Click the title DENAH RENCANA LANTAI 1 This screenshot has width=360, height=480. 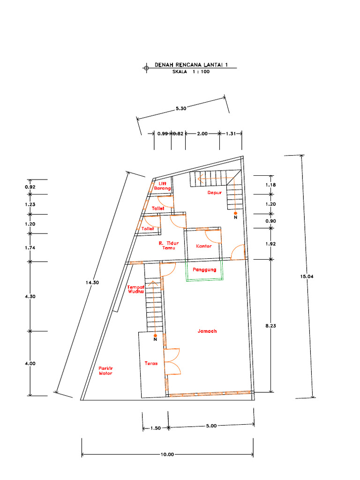pos(191,65)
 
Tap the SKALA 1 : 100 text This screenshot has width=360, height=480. pos(191,72)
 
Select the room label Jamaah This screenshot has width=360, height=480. pos(207,331)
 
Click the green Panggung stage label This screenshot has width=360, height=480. pos(204,270)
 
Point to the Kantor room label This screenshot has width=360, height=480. pos(204,246)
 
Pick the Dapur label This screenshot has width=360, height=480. pos(215,193)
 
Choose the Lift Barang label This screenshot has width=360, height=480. pos(162,186)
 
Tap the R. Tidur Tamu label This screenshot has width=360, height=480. pos(169,246)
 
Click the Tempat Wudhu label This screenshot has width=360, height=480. pos(136,289)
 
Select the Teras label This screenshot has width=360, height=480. pos(151,363)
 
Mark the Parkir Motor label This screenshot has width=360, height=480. pos(105,371)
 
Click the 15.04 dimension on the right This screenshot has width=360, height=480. pos(307,277)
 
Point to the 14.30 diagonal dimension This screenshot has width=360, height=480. pos(92,283)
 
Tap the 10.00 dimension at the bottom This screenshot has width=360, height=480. pos(167,454)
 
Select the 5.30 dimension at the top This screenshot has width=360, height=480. pos(181,108)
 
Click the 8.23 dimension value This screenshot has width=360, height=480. pos(270,326)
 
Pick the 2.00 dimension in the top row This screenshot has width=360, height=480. pos(202,134)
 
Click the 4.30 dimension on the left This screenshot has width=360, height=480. pos(30,296)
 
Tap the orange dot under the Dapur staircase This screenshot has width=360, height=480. pos(235,213)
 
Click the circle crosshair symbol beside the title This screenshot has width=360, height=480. pos(146,67)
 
